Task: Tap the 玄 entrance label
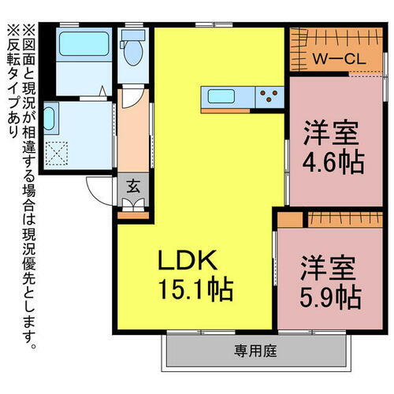[133, 187]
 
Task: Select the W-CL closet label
[336, 58]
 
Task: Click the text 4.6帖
[332, 163]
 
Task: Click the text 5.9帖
[330, 297]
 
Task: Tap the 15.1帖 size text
[196, 291]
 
